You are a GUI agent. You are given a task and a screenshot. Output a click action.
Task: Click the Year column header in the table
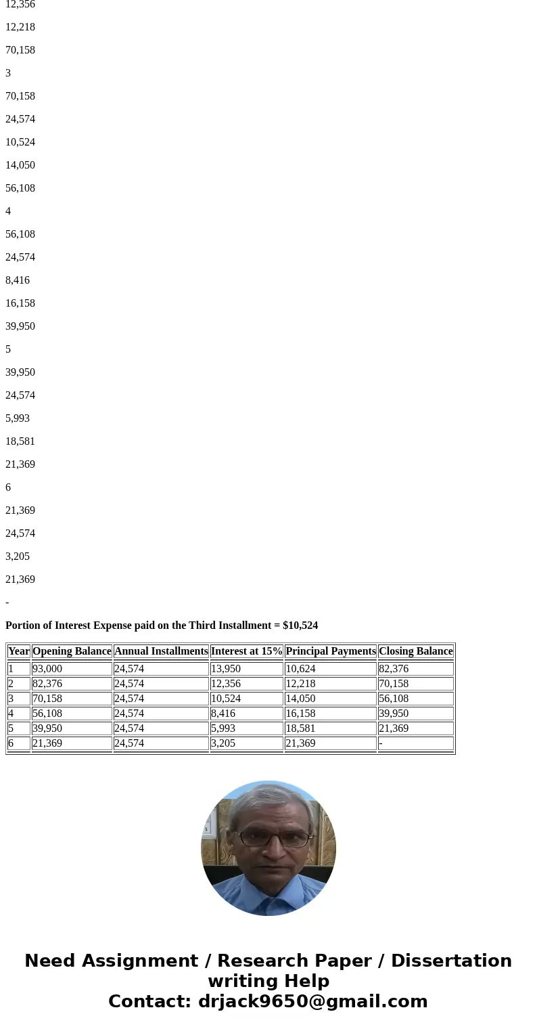tap(19, 651)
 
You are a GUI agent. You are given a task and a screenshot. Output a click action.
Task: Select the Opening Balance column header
tap(72, 651)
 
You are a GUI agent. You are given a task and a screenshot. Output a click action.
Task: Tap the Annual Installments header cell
tap(161, 651)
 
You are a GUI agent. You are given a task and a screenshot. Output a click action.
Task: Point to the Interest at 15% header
tap(246, 651)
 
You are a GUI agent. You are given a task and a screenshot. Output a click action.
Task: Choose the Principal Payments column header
tap(331, 651)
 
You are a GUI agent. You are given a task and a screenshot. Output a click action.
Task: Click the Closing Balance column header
tap(415, 651)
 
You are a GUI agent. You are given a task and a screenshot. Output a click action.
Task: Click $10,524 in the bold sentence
tap(300, 626)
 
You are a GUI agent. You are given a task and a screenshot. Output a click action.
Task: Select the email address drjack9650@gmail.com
tap(312, 1002)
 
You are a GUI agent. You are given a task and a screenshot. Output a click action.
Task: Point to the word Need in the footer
tap(49, 961)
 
